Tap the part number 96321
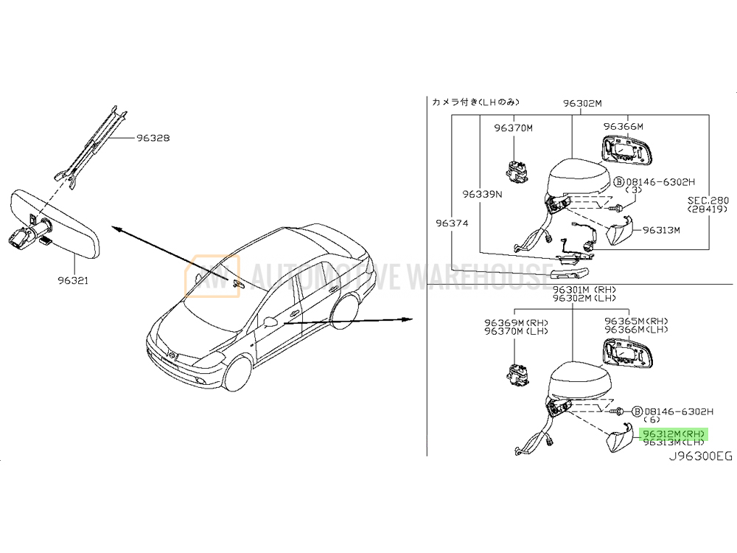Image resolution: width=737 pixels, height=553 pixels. click(75, 280)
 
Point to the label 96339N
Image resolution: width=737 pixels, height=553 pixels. click(482, 195)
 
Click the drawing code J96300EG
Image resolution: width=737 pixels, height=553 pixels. click(700, 456)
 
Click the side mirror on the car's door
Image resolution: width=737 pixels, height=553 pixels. click(270, 321)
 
